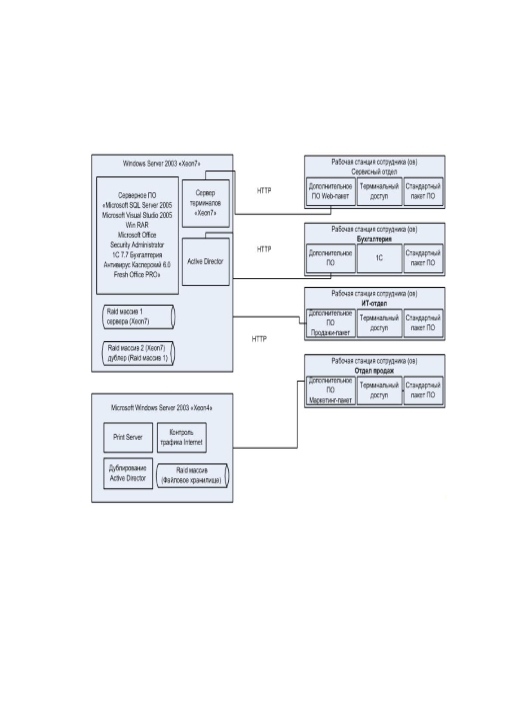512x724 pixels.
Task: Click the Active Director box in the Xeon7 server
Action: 205,262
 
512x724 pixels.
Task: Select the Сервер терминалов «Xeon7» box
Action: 205,203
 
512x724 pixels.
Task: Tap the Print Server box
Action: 128,437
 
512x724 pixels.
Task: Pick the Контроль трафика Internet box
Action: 182,437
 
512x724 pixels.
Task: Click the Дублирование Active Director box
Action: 128,473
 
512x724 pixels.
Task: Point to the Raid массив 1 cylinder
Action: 139,317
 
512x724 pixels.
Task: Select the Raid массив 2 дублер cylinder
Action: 139,353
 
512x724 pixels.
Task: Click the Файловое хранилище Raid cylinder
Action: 193,476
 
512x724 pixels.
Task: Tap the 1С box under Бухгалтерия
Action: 380,258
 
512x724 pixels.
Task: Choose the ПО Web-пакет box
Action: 331,191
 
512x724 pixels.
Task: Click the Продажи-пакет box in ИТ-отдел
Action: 331,323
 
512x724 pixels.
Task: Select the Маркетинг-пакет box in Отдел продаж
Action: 331,390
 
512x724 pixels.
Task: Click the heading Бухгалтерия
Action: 374,239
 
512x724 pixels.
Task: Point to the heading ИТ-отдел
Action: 374,304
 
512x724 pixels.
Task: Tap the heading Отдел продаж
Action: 374,371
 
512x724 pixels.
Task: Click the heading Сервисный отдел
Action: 374,172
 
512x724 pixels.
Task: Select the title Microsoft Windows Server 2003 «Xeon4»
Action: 162,408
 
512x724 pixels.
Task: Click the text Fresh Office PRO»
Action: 137,275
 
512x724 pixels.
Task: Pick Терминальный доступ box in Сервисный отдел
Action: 380,191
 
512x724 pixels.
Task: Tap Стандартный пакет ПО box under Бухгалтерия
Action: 423,258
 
